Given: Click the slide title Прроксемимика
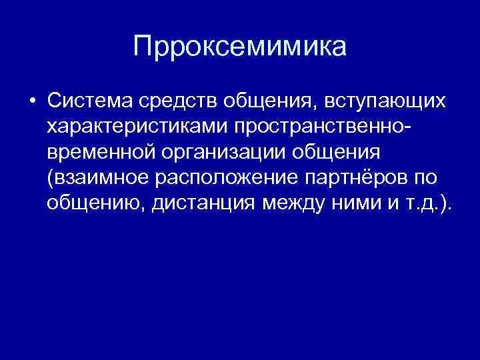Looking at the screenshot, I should [240, 47].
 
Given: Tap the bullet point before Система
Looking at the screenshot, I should [32, 101].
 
